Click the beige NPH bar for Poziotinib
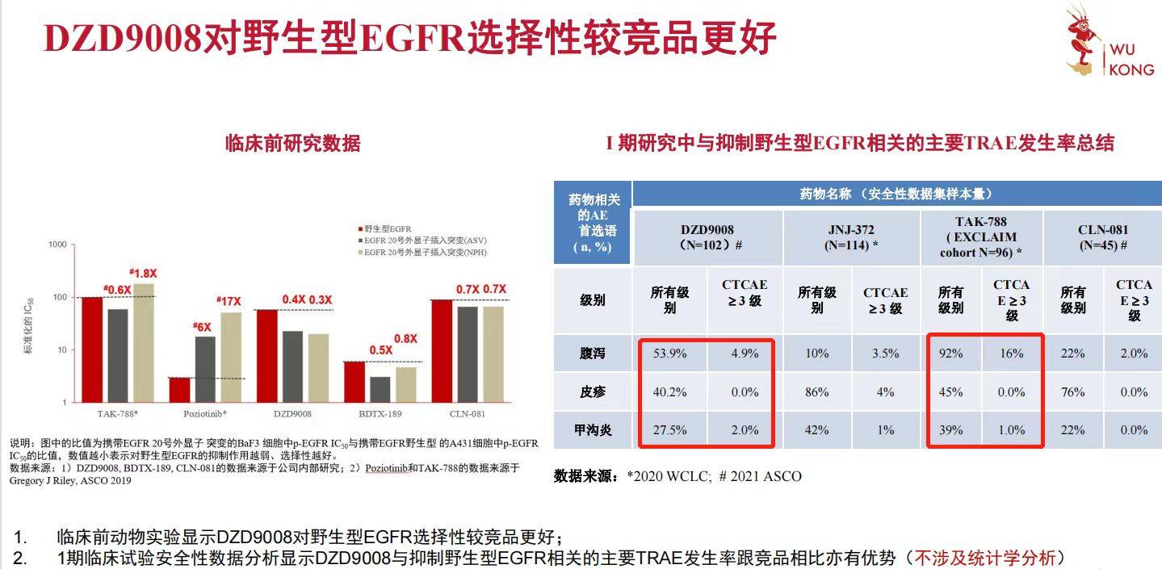point(231,357)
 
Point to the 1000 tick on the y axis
point(57,245)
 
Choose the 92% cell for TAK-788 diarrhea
point(950,354)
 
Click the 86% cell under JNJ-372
point(816,392)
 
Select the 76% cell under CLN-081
point(1072,392)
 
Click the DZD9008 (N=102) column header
point(707,237)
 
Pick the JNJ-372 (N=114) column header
point(850,237)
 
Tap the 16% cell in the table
point(1011,354)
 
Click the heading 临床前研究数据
point(292,144)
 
